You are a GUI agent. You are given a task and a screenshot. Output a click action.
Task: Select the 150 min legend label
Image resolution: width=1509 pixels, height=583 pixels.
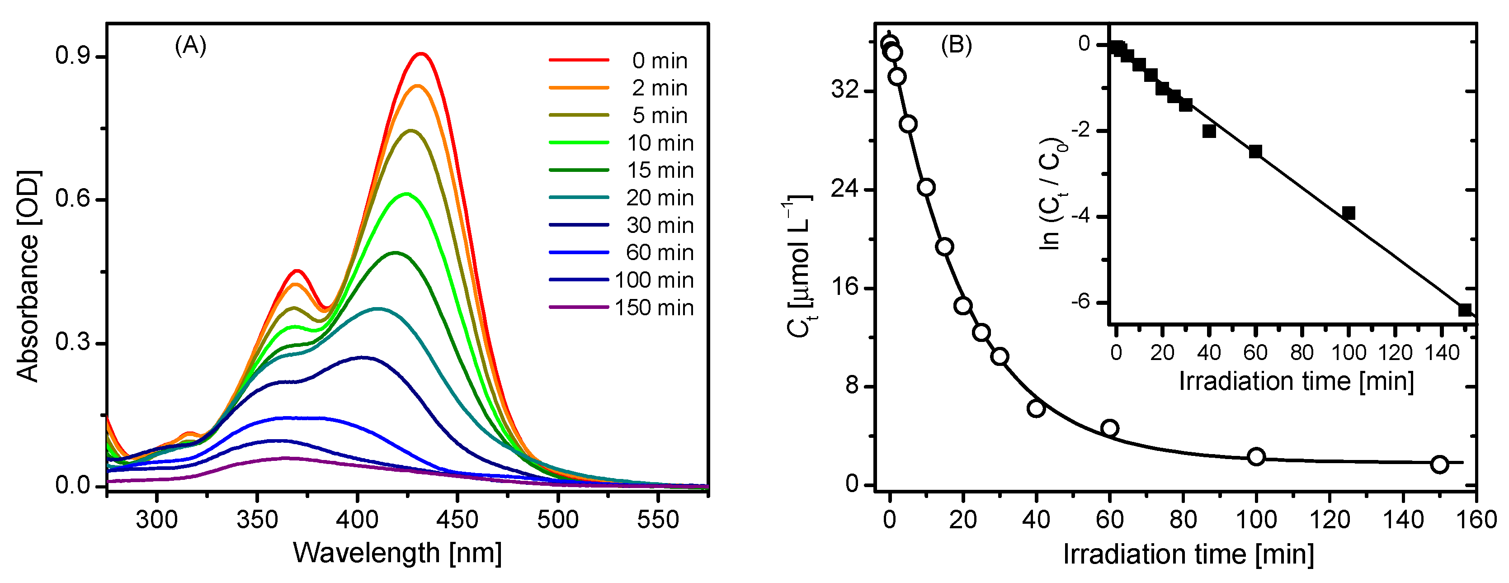pos(654,308)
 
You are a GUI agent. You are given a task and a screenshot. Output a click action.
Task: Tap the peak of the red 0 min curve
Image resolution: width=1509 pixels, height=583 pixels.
pos(420,54)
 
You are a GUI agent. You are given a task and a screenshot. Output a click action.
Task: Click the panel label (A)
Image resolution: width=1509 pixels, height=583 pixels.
pos(190,45)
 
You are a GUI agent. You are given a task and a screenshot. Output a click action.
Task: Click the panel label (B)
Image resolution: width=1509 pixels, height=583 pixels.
pos(956,45)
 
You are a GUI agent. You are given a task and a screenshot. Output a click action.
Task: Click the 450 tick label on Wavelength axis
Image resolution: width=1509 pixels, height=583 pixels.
pos(457,519)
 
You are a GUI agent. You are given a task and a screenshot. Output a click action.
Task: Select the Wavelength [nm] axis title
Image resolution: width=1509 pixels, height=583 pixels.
pos(397,553)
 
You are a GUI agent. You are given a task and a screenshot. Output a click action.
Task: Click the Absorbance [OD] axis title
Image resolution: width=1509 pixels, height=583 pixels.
pos(27,276)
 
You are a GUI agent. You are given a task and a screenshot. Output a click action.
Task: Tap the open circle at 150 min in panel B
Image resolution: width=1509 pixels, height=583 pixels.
pos(1439,464)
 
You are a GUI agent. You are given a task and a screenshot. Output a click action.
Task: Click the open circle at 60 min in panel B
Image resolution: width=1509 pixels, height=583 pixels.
pos(1109,428)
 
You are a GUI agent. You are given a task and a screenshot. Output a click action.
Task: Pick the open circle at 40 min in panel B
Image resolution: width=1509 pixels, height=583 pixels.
pos(1036,408)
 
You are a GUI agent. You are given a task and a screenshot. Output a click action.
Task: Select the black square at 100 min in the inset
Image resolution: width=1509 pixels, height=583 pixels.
pos(1349,213)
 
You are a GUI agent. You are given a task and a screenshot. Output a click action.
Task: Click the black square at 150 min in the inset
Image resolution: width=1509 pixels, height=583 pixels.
pos(1465,309)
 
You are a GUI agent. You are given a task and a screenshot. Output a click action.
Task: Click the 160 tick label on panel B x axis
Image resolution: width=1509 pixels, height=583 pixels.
pos(1476,519)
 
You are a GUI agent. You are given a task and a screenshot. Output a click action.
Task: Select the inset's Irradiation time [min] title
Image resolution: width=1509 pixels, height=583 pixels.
pos(1296,381)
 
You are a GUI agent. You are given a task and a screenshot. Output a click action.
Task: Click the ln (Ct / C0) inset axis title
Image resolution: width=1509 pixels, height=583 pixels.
pos(1052,194)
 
